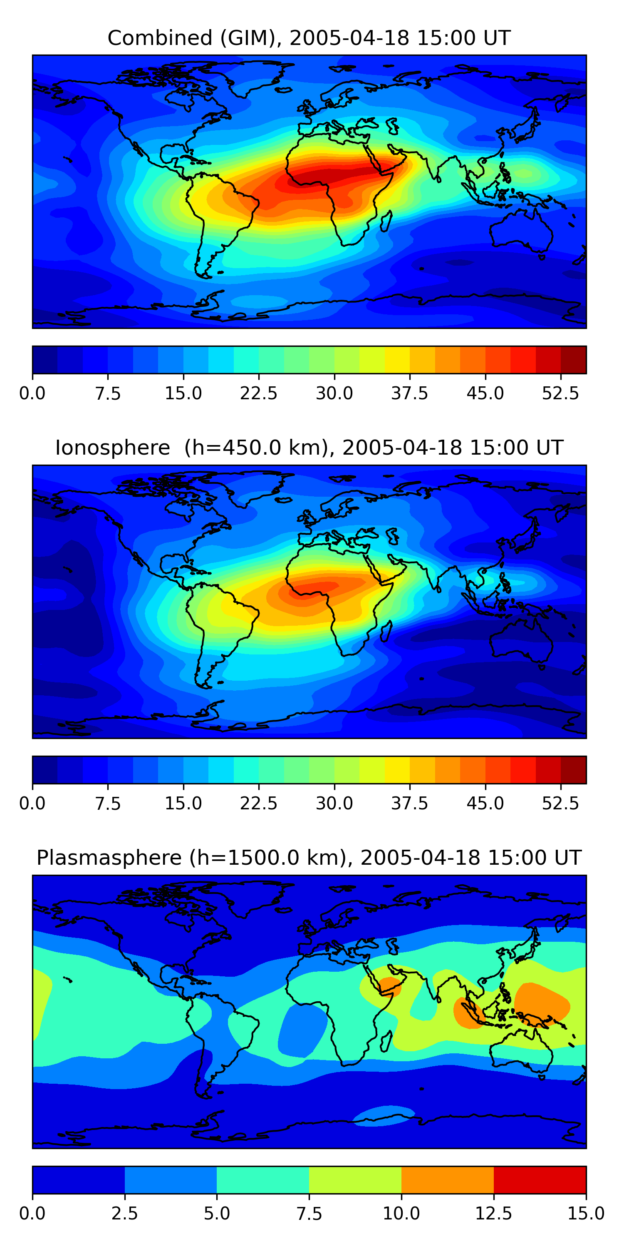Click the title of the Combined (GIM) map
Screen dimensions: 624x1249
(309, 38)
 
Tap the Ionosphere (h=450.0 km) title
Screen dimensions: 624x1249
(309, 448)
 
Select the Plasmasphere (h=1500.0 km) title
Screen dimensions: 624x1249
(309, 858)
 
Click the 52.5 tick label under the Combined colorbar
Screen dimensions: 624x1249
(560, 393)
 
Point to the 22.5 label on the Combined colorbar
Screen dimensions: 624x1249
(259, 393)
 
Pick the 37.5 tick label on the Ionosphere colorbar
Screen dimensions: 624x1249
(410, 804)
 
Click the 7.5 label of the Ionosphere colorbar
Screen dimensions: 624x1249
(108, 804)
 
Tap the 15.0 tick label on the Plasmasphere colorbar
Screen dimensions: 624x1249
(586, 1214)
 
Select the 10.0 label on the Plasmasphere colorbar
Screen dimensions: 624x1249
(401, 1214)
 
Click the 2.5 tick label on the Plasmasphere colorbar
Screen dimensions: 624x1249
(124, 1214)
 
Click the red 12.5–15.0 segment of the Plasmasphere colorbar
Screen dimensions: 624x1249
(540, 1179)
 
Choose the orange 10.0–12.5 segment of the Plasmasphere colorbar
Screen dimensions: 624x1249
(448, 1179)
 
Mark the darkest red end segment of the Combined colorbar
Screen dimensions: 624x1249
(574, 360)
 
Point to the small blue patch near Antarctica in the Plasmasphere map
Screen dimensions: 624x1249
(384, 1116)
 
